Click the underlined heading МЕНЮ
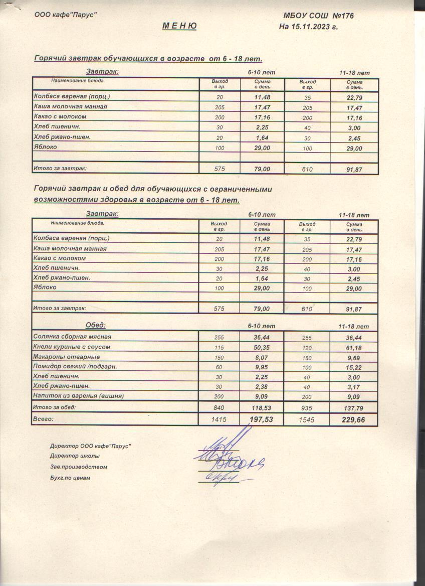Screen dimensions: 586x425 [x=179, y=26]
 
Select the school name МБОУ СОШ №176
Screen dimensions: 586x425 [x=319, y=16]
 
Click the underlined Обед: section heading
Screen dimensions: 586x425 [x=96, y=325]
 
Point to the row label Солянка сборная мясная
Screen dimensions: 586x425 [x=72, y=337]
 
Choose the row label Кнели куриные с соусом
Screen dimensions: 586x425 [x=71, y=347]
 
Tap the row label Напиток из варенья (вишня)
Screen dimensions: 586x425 [x=78, y=396]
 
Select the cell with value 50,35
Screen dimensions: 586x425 [x=262, y=347]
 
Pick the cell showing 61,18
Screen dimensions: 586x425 [x=354, y=348]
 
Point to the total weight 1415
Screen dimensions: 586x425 [x=219, y=419]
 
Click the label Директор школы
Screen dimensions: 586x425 [x=75, y=456]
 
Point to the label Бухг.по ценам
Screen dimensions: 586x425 [x=70, y=478]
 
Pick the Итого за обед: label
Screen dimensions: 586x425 [x=54, y=407]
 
